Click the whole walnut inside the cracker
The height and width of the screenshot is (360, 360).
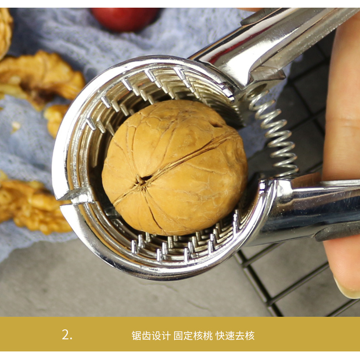pyautogui.click(x=175, y=167)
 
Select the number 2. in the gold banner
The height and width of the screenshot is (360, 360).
pyautogui.click(x=67, y=335)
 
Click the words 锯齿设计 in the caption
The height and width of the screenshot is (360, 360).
pyautogui.click(x=151, y=335)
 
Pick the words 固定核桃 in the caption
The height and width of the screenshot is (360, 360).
pyautogui.click(x=193, y=335)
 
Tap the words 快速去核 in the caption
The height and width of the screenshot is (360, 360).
pyautogui.click(x=235, y=335)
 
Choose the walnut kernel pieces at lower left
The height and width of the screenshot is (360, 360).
pyautogui.click(x=32, y=204)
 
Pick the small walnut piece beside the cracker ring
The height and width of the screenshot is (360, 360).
pyautogui.click(x=54, y=119)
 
